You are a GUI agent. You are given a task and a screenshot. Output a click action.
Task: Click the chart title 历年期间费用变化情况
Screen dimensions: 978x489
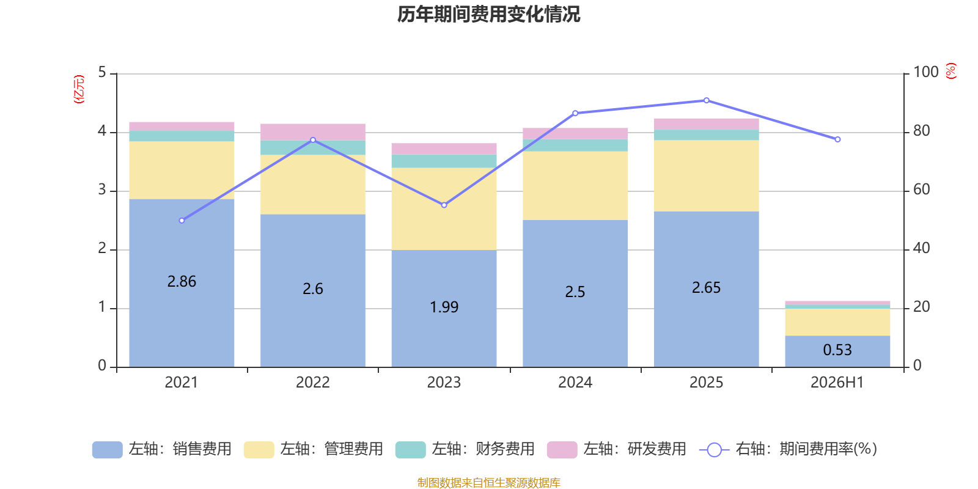click(x=488, y=15)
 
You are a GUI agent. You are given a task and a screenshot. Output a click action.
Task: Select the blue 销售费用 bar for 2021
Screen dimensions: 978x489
click(x=182, y=283)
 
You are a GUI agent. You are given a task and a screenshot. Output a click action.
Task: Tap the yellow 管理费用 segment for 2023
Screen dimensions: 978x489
click(x=444, y=208)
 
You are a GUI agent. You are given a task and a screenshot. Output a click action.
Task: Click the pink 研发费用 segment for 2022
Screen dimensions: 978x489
click(x=313, y=132)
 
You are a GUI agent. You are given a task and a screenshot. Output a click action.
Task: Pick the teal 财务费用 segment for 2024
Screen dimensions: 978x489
click(x=575, y=145)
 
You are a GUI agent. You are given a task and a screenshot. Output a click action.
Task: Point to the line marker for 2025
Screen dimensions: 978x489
click(x=707, y=100)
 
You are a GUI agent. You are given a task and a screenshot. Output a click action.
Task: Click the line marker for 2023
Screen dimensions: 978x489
click(x=444, y=205)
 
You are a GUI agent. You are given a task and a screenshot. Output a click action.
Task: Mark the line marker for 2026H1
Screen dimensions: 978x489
click(x=837, y=140)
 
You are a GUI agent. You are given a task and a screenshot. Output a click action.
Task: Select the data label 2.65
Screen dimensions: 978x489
click(x=706, y=287)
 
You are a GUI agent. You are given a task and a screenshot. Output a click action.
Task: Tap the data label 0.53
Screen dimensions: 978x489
click(x=837, y=350)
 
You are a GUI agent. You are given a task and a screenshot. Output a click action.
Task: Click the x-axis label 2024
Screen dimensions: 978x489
click(x=575, y=383)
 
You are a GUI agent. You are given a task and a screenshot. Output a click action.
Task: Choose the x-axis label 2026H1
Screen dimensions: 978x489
click(x=837, y=383)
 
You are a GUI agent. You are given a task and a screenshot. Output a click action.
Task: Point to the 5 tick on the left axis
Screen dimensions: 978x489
click(x=102, y=72)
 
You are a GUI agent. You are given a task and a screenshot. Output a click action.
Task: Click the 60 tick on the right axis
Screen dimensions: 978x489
click(x=922, y=189)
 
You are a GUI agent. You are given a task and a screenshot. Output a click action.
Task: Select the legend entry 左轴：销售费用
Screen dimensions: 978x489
click(x=162, y=449)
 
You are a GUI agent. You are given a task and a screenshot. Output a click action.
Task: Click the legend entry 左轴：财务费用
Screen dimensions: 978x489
click(x=465, y=449)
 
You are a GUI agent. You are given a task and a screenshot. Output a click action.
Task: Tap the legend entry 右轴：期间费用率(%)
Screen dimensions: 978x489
click(x=789, y=449)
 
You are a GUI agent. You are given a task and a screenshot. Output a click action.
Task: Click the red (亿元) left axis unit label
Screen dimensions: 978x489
click(x=79, y=89)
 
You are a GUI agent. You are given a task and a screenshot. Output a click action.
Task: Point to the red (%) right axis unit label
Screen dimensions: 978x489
click(x=951, y=71)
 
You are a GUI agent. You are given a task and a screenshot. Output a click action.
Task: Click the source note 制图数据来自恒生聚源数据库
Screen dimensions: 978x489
click(x=488, y=482)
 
